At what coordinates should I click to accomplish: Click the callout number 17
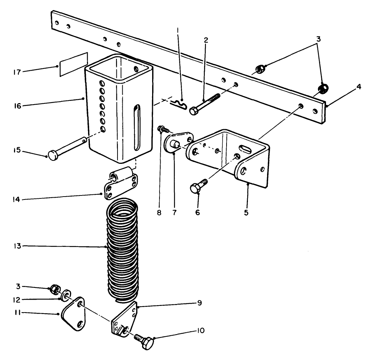pos(17,72)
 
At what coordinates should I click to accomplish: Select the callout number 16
pos(17,106)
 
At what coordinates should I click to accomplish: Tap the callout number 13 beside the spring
pos(17,246)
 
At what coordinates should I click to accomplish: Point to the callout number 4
pos(359,87)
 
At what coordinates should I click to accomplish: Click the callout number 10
pos(201,331)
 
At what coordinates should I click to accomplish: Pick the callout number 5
pos(246,213)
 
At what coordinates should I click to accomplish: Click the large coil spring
pos(122,250)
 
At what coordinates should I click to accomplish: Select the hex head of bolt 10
pos(148,343)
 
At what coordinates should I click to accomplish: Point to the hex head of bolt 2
pos(194,111)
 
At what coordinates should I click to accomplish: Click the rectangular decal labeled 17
pos(73,64)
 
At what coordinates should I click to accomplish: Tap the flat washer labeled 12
pos(66,295)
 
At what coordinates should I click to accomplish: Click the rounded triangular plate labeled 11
pos(73,314)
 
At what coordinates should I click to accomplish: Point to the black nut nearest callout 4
pos(323,88)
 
